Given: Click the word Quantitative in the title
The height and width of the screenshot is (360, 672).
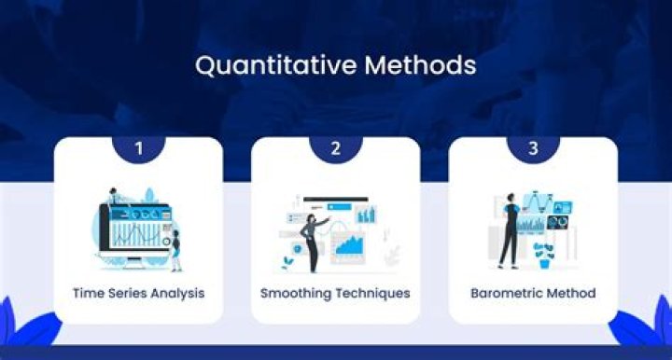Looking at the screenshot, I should coord(248,66).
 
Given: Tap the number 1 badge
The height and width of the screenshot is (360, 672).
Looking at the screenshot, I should coord(138,147).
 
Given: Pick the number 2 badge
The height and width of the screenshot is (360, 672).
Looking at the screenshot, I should coord(335,147).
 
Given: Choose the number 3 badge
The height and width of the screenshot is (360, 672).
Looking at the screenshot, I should coord(533,147).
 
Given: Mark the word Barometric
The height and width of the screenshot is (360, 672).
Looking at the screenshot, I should coord(506,293).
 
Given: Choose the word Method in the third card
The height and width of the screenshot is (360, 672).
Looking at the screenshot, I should coord(571,293).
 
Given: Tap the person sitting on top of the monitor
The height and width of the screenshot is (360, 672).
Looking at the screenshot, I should coord(113,197).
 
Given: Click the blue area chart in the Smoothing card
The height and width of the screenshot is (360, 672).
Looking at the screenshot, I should coord(350,245).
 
